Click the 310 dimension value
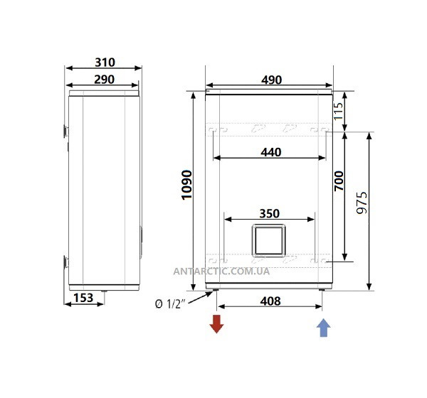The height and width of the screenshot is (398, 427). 105,63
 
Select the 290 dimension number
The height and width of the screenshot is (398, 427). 105,80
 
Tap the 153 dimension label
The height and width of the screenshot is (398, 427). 83,298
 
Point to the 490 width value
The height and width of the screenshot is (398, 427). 272,80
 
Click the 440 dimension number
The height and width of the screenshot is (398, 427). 271,152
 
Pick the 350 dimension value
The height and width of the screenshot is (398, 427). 269,213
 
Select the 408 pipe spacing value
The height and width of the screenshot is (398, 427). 270,301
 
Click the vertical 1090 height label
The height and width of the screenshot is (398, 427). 186,185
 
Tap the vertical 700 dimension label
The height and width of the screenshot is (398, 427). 339,181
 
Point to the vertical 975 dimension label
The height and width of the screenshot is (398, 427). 362,203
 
